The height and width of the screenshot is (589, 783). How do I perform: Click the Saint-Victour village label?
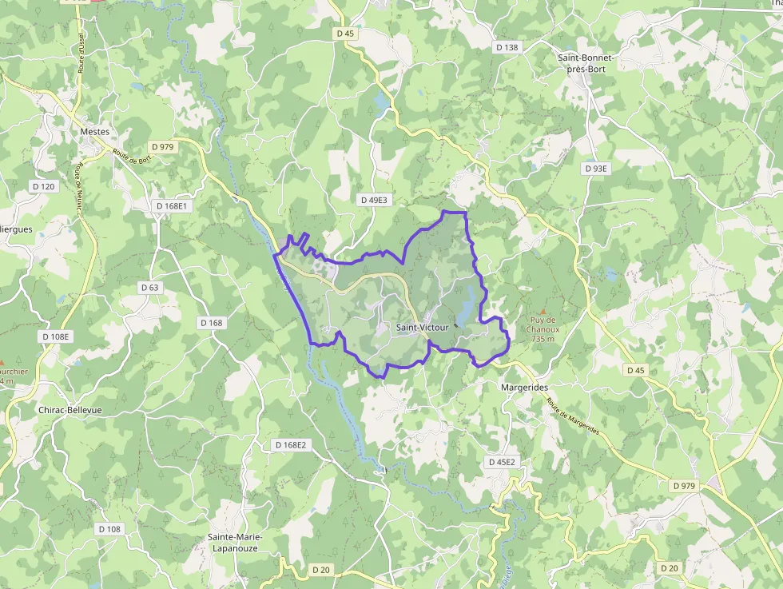pos(422,328)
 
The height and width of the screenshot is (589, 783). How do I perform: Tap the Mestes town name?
pos(95,132)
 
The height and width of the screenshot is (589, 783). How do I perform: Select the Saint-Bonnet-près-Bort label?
pos(586,63)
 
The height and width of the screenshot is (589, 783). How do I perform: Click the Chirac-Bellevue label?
pos(70,409)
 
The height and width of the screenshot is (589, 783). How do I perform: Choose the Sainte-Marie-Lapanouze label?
pos(234,542)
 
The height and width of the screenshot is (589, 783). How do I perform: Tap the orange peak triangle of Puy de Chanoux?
pos(543,311)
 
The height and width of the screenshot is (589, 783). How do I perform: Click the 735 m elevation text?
pos(543,338)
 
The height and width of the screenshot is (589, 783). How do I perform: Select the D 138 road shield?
pos(507,48)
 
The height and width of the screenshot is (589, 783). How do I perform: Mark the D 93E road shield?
pos(596,169)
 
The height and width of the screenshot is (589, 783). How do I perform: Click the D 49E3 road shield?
pos(373,200)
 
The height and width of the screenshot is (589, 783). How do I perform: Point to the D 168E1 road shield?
pos(171,205)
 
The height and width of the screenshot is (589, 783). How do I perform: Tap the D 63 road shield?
pos(149,287)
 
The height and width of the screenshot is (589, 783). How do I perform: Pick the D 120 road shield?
pos(43,186)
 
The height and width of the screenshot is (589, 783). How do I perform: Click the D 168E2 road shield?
pos(289,444)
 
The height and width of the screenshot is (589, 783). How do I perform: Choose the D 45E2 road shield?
pos(503,462)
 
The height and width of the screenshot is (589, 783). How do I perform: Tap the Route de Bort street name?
pos(132,157)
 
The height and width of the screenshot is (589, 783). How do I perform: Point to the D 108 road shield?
pos(109,529)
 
